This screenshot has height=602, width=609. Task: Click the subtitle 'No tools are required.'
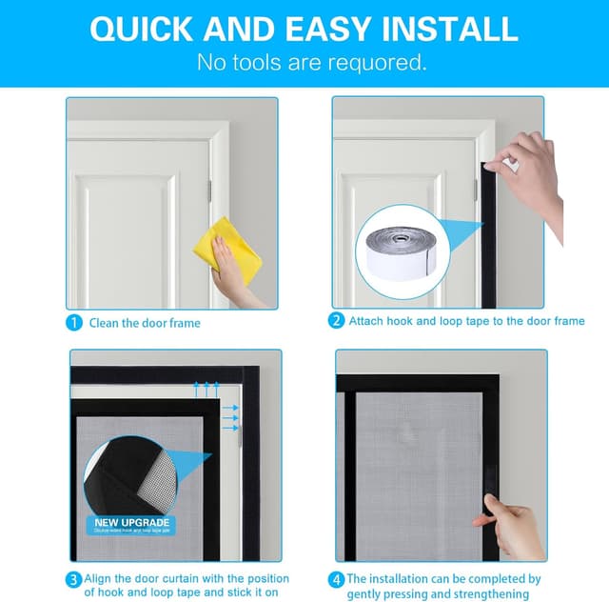(311, 64)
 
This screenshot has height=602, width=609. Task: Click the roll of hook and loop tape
(408, 250)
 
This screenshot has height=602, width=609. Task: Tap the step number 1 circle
(74, 322)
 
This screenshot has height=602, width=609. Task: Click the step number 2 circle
(336, 322)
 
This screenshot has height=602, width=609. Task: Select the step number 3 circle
(74, 579)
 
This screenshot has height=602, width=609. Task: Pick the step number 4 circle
(336, 579)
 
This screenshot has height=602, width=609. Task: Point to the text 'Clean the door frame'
(145, 323)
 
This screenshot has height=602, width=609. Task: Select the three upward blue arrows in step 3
(206, 388)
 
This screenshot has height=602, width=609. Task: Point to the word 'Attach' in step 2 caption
(365, 322)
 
